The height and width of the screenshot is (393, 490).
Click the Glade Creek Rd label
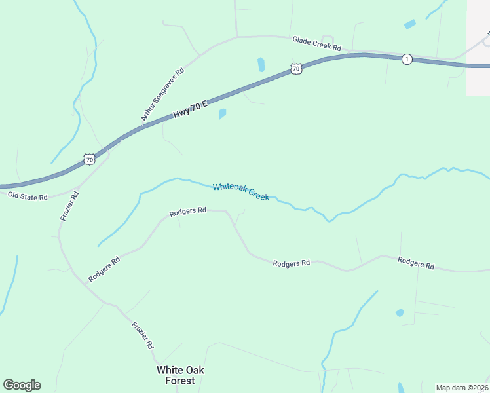(317, 44)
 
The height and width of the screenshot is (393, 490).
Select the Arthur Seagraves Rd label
(162, 94)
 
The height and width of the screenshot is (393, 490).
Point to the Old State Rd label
(28, 196)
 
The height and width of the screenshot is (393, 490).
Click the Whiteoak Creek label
(240, 192)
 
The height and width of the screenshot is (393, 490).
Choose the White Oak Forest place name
(180, 375)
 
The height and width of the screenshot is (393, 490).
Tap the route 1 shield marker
(407, 59)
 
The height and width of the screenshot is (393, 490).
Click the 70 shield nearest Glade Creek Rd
(296, 68)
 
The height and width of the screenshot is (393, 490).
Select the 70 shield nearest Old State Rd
(90, 159)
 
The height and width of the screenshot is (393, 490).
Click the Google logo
(22, 385)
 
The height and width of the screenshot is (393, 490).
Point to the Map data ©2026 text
(461, 388)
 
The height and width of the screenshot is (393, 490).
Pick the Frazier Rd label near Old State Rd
(69, 206)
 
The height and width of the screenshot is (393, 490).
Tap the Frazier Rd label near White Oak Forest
(142, 335)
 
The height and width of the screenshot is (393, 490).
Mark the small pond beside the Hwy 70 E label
(222, 114)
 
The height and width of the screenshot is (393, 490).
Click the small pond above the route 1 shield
(409, 25)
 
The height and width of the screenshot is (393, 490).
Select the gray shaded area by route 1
(478, 46)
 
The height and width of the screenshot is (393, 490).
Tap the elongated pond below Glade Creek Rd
(261, 64)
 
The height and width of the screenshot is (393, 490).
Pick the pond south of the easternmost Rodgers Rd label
(400, 313)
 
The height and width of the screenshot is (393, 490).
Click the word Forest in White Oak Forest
(180, 381)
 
